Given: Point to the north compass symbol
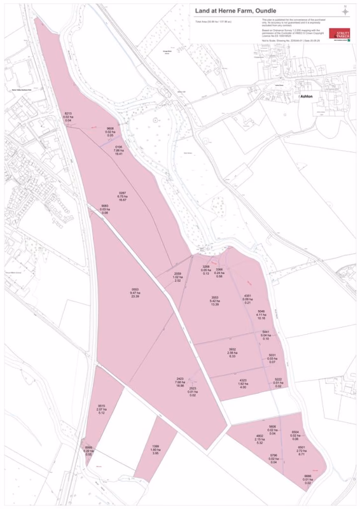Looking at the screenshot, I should pos(345,11).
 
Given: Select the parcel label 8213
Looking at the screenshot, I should pos(67,113).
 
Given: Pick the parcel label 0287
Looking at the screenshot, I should pos(123,193).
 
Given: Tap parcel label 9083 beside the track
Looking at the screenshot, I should pos(104,206).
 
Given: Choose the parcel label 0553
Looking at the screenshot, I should pos(135,289).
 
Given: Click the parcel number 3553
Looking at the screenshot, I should pos(215,298).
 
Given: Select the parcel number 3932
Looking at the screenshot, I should pos(232,349).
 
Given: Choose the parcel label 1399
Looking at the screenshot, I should pos(155,446).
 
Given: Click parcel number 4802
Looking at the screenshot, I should pos(260,435).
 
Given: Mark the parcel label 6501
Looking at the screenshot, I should pos(301,447).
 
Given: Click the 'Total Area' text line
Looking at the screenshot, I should pos(214,22).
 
